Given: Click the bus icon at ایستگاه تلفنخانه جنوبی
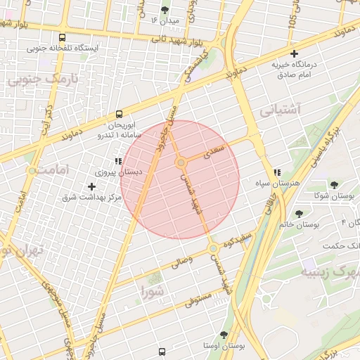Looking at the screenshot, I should coord(63,38).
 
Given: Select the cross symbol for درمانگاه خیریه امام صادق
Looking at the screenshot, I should coord(295,53).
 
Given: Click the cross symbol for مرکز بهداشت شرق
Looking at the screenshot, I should coord(92,186).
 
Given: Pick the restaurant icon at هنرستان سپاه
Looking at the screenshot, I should coord(277,172).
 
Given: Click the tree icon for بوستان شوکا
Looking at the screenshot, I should coord(334,185).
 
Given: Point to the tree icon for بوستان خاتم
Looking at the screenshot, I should coord(300,213).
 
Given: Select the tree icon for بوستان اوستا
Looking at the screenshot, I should coord(224,335).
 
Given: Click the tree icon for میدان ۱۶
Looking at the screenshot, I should coord(165,10).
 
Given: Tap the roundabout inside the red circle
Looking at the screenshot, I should coord(181,162).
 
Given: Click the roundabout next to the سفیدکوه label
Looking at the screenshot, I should coord(212,249).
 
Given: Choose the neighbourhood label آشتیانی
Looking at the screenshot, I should coord(280,110).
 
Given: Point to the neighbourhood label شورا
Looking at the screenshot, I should coord(153,290).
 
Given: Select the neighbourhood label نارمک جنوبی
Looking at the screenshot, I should coord(41,80).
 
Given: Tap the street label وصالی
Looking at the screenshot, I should coord(176,262).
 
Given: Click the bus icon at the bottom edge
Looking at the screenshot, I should coord(162,352).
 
